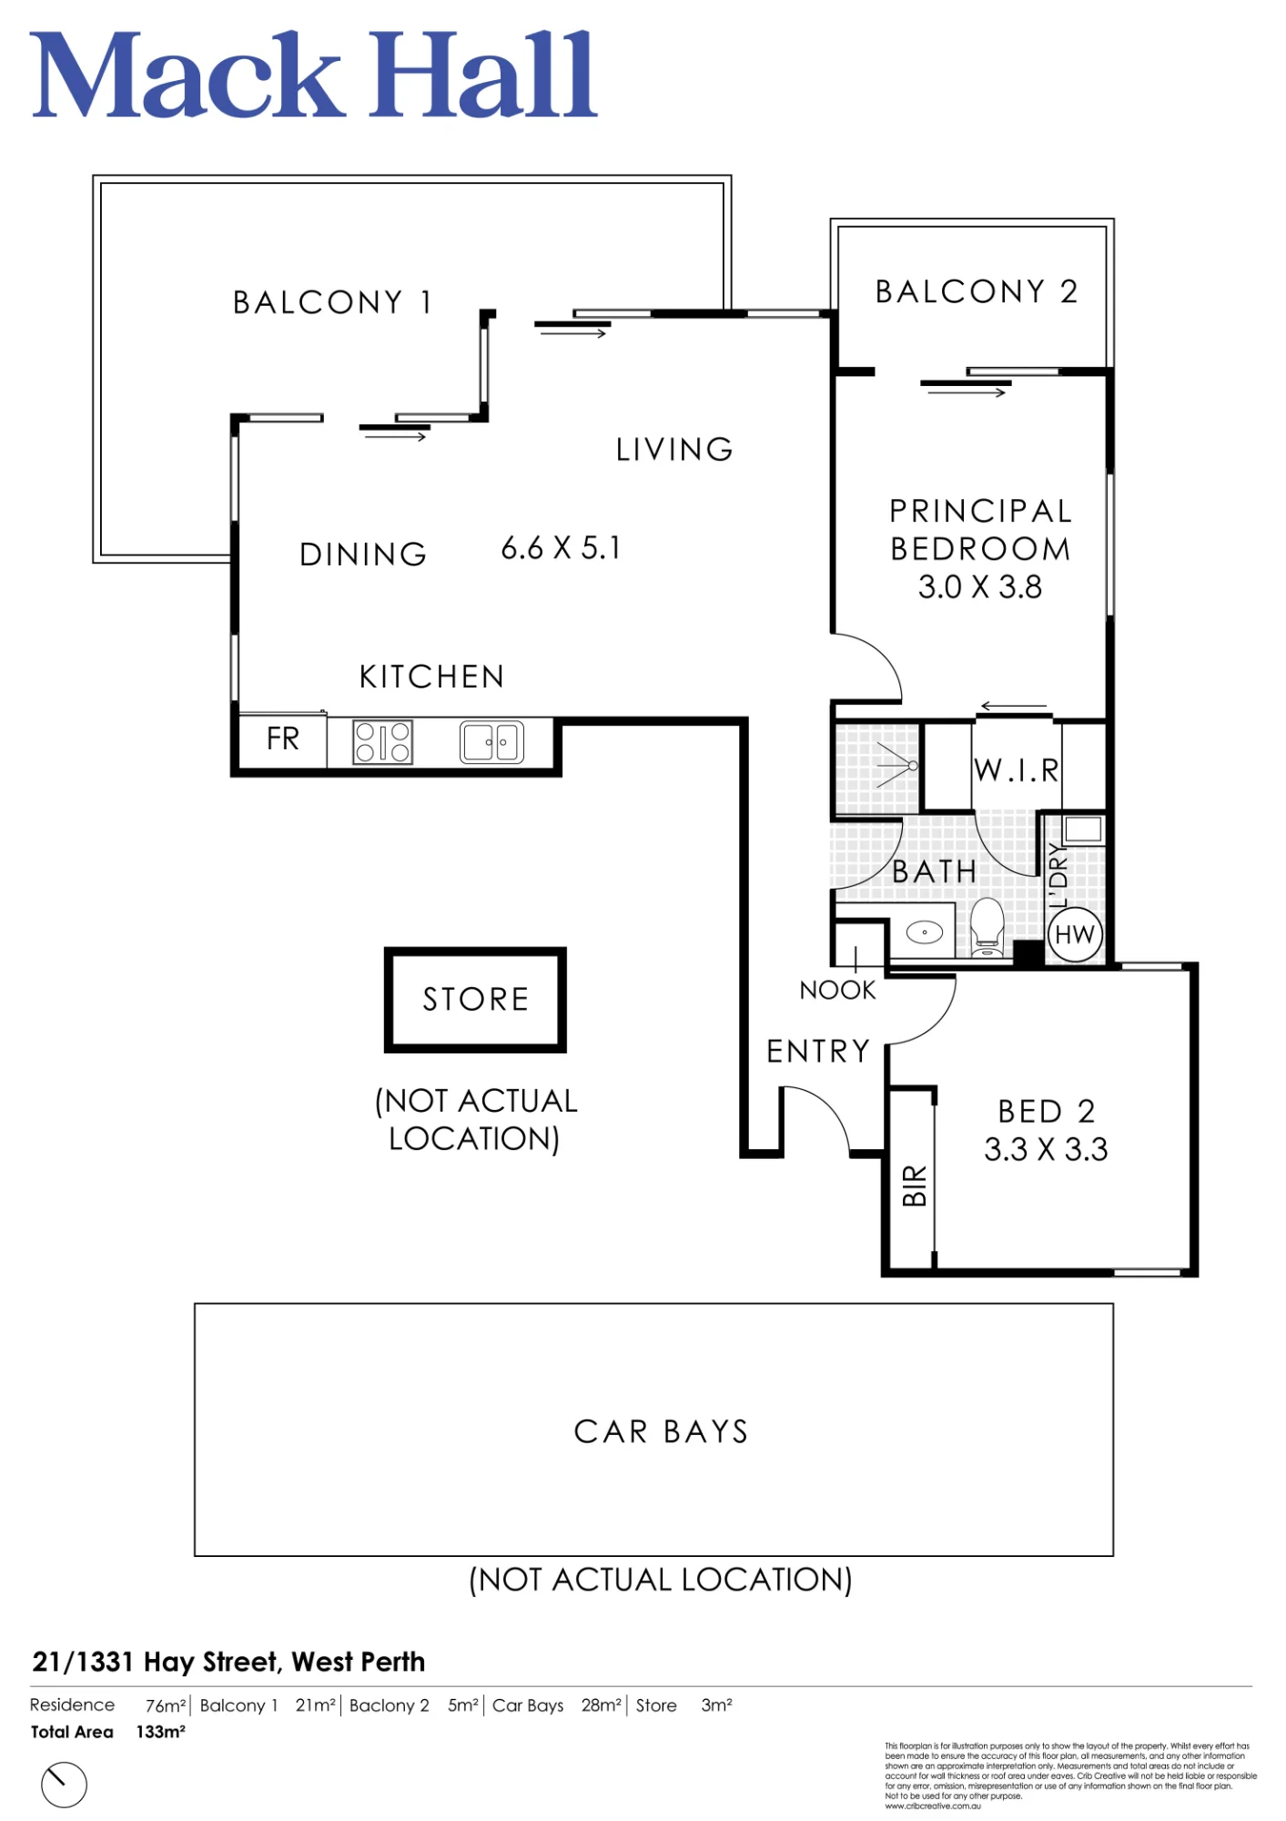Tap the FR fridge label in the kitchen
[x=283, y=738]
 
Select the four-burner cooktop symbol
[x=382, y=741]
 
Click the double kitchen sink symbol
[x=491, y=741]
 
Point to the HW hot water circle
[x=1075, y=934]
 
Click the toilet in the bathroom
[x=987, y=927]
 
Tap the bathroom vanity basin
[x=925, y=932]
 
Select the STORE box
[x=475, y=1000]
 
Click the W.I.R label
[x=1017, y=770]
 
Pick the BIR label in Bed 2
[x=914, y=1185]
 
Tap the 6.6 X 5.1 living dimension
[x=561, y=548]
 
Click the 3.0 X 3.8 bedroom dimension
[x=980, y=587]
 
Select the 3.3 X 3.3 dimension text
[x=1046, y=1149]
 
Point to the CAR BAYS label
[x=661, y=1431]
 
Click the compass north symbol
[x=64, y=1784]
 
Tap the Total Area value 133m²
[x=161, y=1732]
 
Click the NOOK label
[x=837, y=990]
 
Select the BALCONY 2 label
[x=977, y=291]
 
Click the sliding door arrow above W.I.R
[x=1013, y=707]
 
